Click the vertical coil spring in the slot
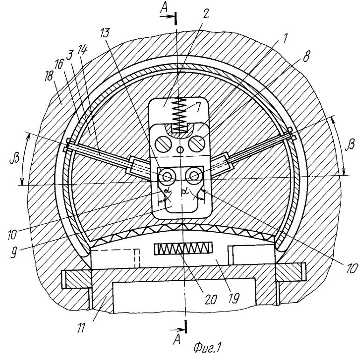point(177,115)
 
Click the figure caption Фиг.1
point(206,348)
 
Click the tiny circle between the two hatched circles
point(181,149)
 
